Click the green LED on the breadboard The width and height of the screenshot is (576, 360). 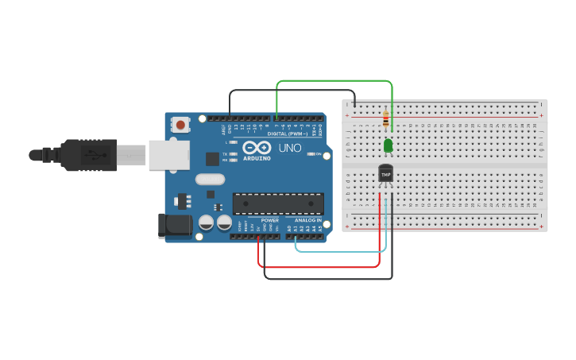[x=388, y=145]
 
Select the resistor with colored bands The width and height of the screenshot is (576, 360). [x=386, y=119]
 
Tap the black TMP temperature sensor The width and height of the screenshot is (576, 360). [x=386, y=173]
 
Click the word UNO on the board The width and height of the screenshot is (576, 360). [x=290, y=148]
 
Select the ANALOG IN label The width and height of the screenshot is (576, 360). [x=308, y=220]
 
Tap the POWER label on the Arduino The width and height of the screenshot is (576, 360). [x=270, y=220]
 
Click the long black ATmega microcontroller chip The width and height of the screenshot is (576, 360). [x=278, y=204]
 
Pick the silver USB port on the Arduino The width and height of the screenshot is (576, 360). [x=168, y=154]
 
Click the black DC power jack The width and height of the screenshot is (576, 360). [x=175, y=226]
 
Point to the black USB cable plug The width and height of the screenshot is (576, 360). [x=87, y=154]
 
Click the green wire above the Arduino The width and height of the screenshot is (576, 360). [x=334, y=81]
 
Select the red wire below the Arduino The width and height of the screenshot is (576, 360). [x=318, y=267]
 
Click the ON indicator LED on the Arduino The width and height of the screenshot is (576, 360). [x=311, y=154]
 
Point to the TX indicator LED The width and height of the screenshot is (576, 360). [x=233, y=153]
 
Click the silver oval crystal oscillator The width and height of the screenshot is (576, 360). [x=211, y=180]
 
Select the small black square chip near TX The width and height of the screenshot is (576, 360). [x=212, y=158]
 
